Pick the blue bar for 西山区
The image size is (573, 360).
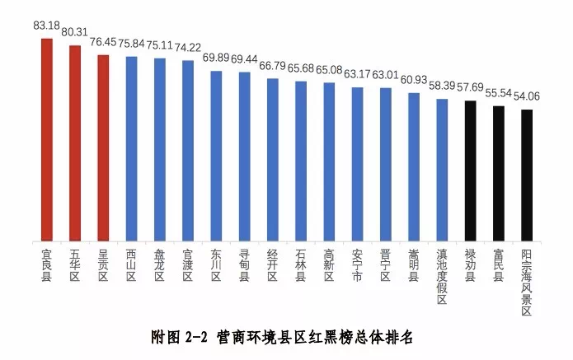(131, 147)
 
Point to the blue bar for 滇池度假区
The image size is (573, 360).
(442, 169)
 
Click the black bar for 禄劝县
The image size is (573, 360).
(470, 170)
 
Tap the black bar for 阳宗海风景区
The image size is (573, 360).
(527, 174)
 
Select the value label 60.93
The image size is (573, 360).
(415, 80)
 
